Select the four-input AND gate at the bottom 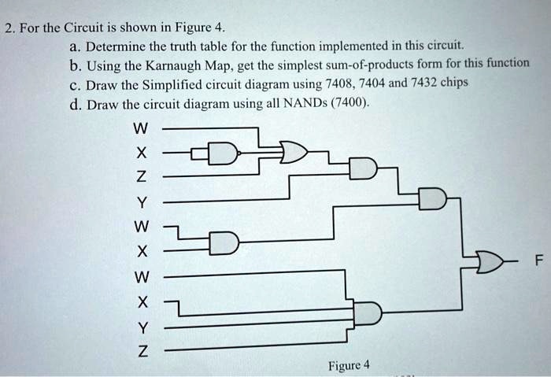pyautogui.click(x=368, y=315)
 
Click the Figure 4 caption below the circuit pyautogui.click(x=346, y=365)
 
